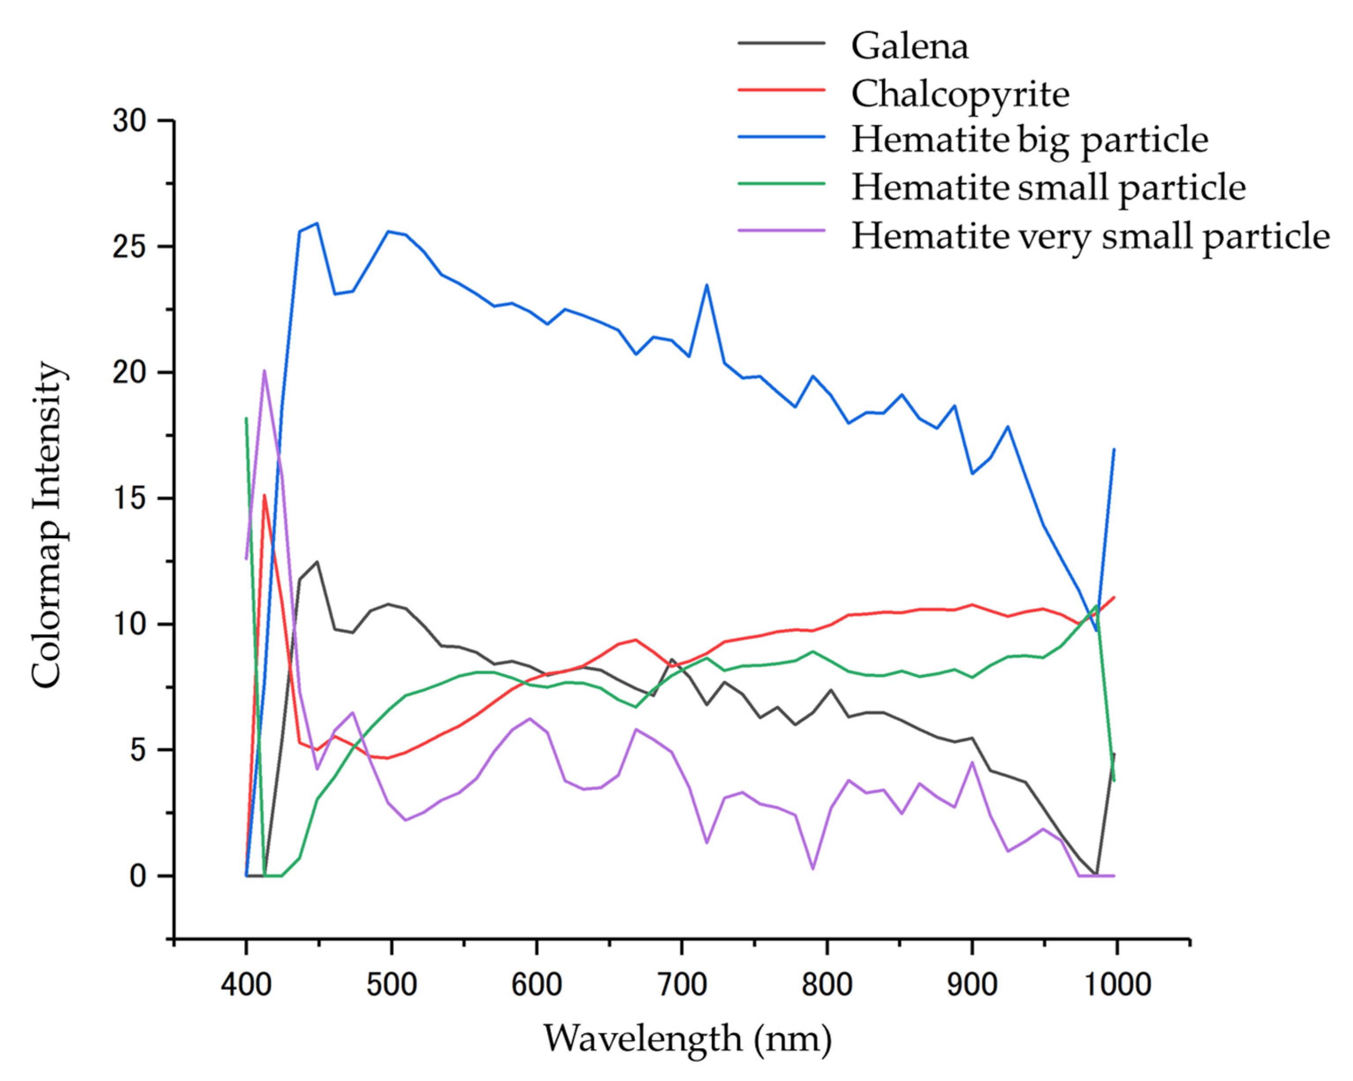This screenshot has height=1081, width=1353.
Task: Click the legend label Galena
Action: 909,46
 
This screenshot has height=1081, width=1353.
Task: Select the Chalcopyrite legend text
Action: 960,94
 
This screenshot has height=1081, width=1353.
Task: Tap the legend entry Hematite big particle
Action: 1029,140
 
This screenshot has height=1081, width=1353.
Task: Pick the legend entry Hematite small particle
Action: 1048,188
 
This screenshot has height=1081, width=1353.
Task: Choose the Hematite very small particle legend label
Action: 1090,236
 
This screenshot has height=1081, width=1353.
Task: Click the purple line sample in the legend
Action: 781,230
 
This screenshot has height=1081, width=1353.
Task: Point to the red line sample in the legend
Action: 781,90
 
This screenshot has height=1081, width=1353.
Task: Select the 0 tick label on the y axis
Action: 138,876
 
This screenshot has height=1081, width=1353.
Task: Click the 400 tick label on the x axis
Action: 246,984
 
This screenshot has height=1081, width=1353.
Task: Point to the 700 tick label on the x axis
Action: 681,984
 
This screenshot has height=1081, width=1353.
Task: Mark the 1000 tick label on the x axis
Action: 1117,984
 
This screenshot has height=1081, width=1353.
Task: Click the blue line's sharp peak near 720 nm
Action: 707,285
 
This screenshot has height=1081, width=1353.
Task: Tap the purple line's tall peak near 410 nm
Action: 264,371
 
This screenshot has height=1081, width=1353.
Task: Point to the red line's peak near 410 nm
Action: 264,496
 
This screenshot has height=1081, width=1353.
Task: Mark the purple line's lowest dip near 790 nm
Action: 813,869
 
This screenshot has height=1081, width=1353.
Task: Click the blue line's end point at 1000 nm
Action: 1114,449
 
